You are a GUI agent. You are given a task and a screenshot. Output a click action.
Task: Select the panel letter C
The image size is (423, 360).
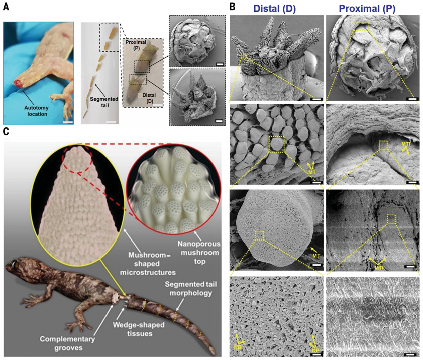click(6, 132)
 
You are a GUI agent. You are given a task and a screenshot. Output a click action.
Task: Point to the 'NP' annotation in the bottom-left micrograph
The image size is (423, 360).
click(314, 347)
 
